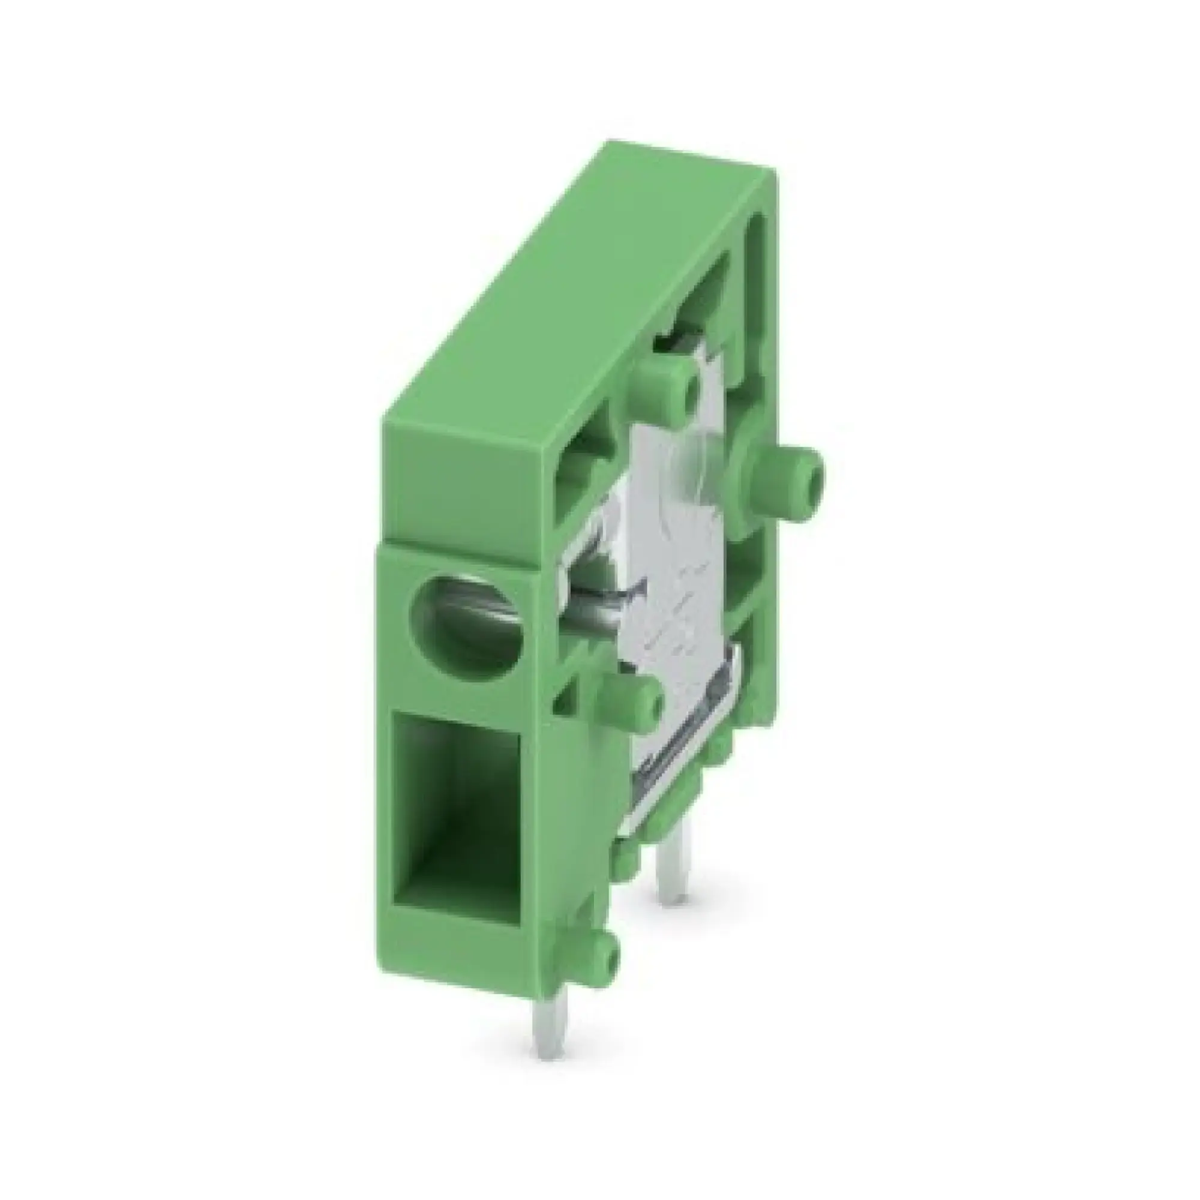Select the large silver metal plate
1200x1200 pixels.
click(x=677, y=559)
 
